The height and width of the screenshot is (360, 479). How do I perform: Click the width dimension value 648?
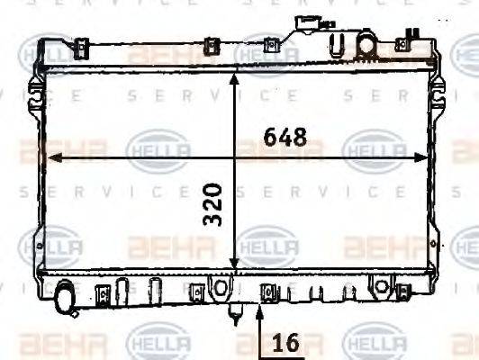[285, 138]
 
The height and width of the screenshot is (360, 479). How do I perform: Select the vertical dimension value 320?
[212, 205]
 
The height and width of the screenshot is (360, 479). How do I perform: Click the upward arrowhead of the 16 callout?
[260, 310]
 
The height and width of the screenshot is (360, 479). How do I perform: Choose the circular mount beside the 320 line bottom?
[218, 287]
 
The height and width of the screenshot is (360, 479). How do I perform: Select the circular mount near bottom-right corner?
[382, 287]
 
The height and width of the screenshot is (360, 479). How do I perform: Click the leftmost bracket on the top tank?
[80, 46]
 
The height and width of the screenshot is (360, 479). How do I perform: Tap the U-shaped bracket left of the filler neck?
[339, 45]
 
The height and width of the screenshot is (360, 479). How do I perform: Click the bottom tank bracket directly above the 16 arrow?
[266, 291]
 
